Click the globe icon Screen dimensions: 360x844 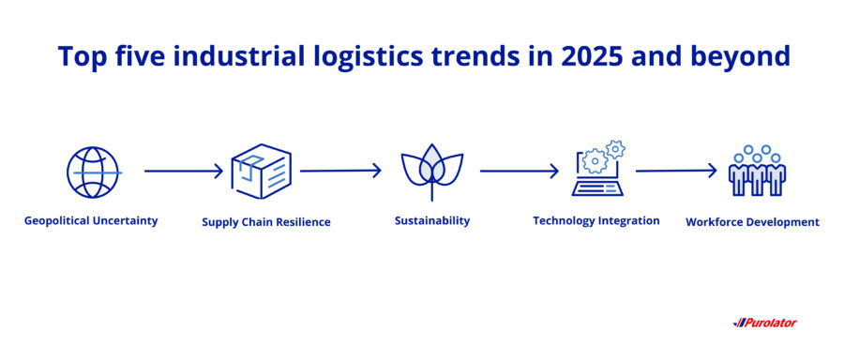point(94,172)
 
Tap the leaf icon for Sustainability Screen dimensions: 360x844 point(431,172)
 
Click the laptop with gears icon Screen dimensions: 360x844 point(598,169)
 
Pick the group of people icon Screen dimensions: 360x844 point(757,171)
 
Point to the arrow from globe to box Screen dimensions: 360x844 point(184,172)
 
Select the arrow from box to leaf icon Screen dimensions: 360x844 point(340,171)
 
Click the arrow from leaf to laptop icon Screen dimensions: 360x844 point(519,172)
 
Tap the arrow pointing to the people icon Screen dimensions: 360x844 point(675,171)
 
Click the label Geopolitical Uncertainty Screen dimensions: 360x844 point(92,221)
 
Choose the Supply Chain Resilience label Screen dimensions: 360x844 point(266,222)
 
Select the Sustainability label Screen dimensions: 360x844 point(432,221)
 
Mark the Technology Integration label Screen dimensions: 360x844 point(596,221)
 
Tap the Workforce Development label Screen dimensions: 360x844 point(752,222)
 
